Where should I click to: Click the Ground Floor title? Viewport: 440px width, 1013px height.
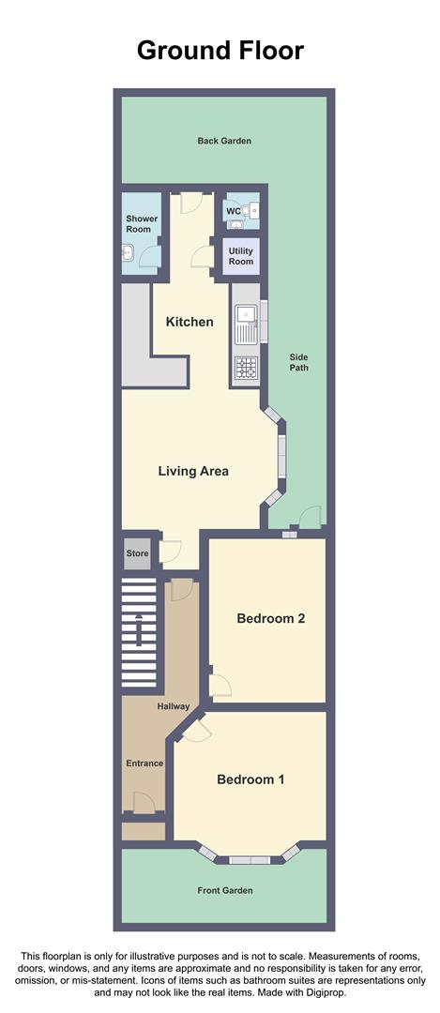click(x=220, y=50)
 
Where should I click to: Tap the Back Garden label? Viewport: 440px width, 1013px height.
click(x=224, y=141)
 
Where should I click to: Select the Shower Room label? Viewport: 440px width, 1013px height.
click(x=143, y=223)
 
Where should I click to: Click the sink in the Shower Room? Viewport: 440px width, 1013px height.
click(x=129, y=251)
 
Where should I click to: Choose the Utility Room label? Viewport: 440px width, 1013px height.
click(x=241, y=255)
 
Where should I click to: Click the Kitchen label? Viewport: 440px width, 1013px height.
click(x=190, y=322)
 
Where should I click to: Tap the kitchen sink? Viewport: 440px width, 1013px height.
click(x=246, y=324)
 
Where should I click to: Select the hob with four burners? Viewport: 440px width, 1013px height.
click(x=246, y=369)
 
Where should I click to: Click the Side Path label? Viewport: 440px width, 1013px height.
click(x=298, y=362)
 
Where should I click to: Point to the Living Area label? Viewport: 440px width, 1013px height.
click(x=193, y=471)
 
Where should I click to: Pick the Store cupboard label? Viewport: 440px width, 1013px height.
click(x=138, y=553)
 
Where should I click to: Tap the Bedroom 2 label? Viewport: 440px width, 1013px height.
click(x=270, y=619)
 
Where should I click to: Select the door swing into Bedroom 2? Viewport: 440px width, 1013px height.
click(x=220, y=685)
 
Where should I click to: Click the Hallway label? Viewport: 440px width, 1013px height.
click(x=174, y=706)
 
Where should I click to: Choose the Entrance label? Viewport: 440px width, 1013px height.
click(x=144, y=764)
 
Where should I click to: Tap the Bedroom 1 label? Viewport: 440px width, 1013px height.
click(x=250, y=779)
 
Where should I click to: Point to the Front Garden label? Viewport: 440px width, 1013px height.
click(x=224, y=890)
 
